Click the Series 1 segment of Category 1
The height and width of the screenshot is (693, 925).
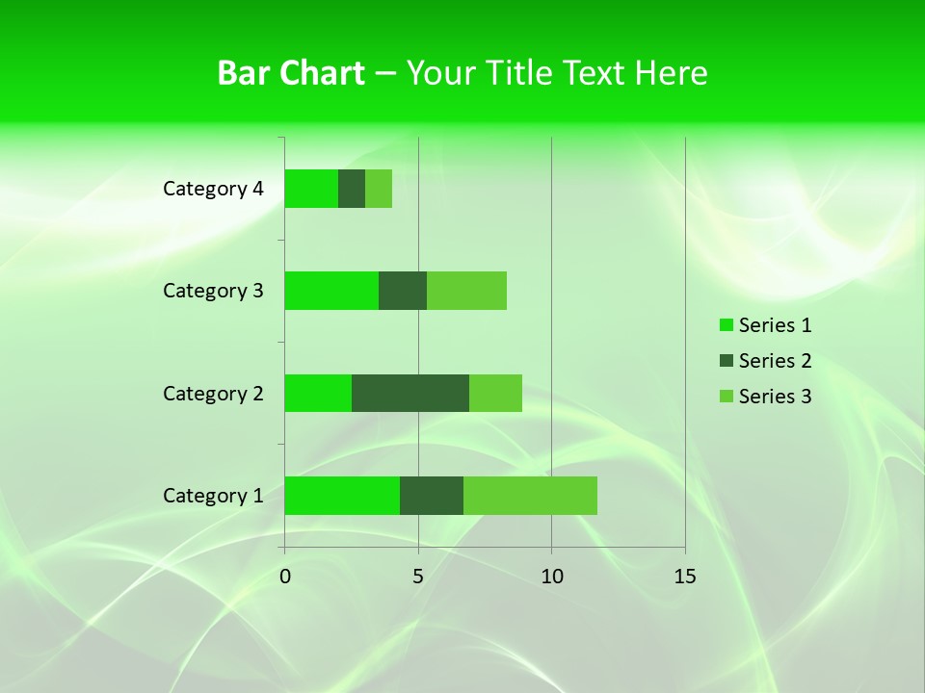tap(342, 496)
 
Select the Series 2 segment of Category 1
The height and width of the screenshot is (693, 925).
tap(432, 496)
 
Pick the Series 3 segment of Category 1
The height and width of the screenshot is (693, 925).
tap(530, 496)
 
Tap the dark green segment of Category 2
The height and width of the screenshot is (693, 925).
tap(410, 393)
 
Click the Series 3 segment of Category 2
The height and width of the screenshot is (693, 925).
tap(495, 393)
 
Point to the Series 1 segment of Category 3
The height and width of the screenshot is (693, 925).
tap(331, 291)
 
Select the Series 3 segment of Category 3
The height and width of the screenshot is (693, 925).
tap(466, 291)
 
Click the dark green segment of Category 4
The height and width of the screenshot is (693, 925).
tap(352, 189)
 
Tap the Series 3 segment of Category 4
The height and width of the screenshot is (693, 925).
tap(379, 189)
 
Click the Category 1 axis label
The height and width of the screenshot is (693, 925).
tap(213, 496)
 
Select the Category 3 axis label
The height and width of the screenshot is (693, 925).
tap(213, 291)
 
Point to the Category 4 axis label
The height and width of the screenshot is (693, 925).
tap(213, 189)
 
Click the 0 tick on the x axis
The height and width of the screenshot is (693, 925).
tap(285, 577)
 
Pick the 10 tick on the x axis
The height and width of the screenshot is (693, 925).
tap(551, 577)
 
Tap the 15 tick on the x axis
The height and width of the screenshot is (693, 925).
tap(685, 577)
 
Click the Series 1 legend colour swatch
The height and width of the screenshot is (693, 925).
tap(727, 325)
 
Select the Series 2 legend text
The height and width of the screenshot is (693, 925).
tap(775, 361)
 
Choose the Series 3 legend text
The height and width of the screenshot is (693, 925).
tap(775, 397)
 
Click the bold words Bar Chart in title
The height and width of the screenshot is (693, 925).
tap(291, 73)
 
